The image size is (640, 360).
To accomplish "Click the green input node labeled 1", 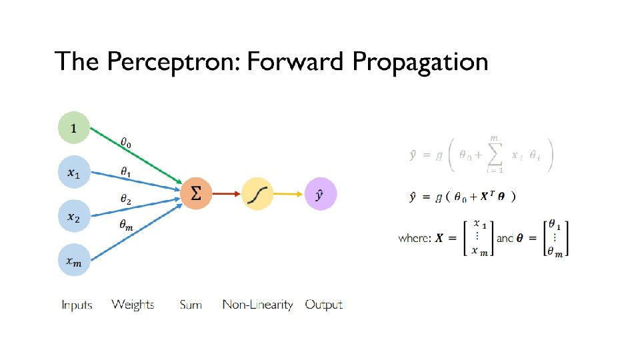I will tap(73, 128).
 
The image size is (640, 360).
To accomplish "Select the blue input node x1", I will tap(73, 173).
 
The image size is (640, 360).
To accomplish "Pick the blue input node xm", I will tap(73, 262).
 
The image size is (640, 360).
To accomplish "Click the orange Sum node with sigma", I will tap(197, 194).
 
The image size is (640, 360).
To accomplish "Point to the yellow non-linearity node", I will tap(258, 194).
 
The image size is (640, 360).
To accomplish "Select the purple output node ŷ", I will tap(320, 195).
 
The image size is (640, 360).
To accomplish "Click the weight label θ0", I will tap(126, 141).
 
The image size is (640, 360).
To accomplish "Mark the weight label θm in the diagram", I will tap(126, 225).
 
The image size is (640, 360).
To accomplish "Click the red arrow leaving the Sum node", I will tap(227, 194).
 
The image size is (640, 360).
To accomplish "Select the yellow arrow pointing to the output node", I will tap(289, 194).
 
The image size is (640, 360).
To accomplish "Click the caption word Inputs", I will tap(77, 305).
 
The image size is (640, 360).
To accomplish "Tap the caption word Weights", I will tap(133, 305).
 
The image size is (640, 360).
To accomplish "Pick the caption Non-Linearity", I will tap(257, 305).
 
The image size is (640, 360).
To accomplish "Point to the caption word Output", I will tap(323, 305).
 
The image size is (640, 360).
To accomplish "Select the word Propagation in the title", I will tap(420, 62).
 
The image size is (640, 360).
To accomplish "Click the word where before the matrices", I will tap(414, 238).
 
